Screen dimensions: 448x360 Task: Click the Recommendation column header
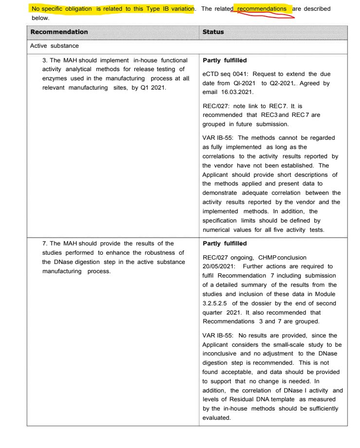tap(59, 32)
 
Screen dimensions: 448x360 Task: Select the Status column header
tap(213, 32)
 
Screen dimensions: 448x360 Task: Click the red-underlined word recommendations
tap(262, 9)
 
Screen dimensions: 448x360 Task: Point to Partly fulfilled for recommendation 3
tap(225, 60)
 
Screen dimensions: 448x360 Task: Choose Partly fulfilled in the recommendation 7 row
tap(225, 243)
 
